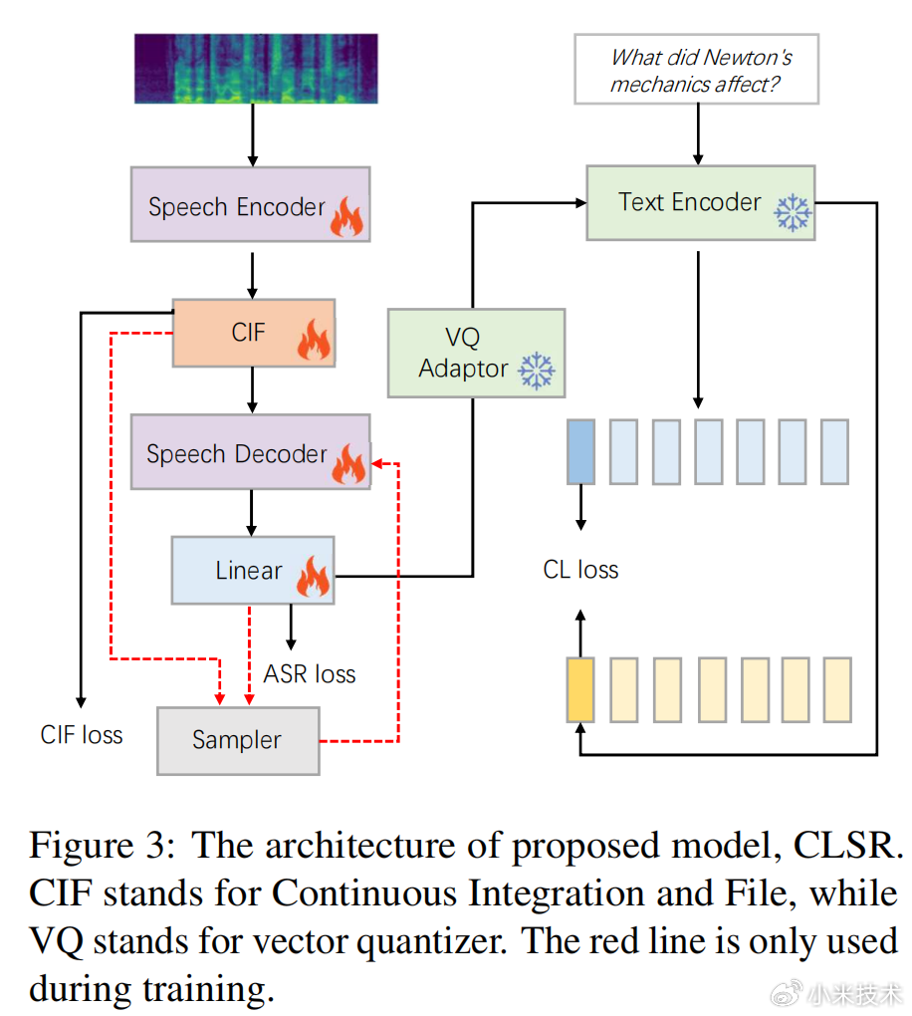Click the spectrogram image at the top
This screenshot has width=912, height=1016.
[256, 69]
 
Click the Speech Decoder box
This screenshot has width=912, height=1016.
[250, 452]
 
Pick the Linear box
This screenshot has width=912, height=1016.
[252, 570]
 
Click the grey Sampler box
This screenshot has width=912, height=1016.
[238, 740]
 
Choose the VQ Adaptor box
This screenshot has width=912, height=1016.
[475, 353]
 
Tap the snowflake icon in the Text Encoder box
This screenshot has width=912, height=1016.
[794, 213]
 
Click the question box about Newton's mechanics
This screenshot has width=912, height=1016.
[696, 70]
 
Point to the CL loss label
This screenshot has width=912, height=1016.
[580, 570]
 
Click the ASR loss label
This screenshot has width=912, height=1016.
[309, 674]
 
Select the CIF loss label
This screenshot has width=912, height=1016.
[82, 735]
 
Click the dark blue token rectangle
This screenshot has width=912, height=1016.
[580, 451]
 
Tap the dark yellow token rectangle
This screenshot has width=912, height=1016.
[580, 688]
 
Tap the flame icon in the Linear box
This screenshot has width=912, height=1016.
[314, 577]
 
